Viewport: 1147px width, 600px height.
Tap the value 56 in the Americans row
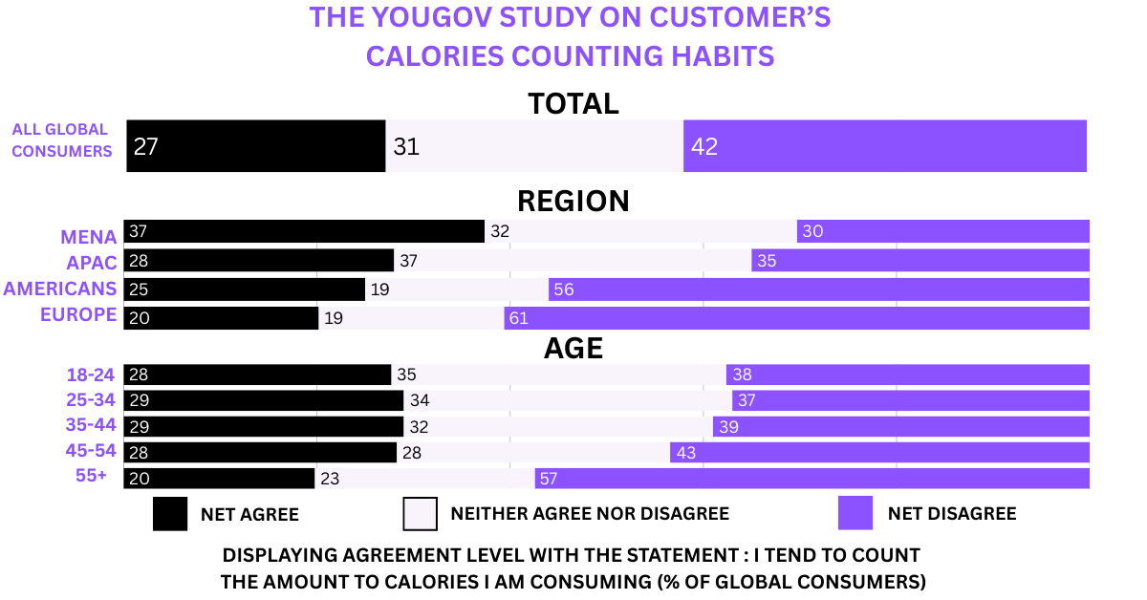coord(564,289)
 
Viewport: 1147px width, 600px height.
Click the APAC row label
coord(92,262)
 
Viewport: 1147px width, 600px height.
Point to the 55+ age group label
coord(92,475)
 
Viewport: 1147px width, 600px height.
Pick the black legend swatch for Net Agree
coord(169,513)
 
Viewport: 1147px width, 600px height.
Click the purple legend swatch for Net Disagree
coord(855,513)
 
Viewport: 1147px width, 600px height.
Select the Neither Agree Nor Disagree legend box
coord(421,513)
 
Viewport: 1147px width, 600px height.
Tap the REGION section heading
coord(573,202)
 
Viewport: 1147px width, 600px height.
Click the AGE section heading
coord(573,349)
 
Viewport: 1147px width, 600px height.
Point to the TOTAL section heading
coord(573,103)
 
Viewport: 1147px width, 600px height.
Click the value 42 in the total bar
coord(704,147)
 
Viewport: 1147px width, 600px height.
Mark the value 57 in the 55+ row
coord(547,478)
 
